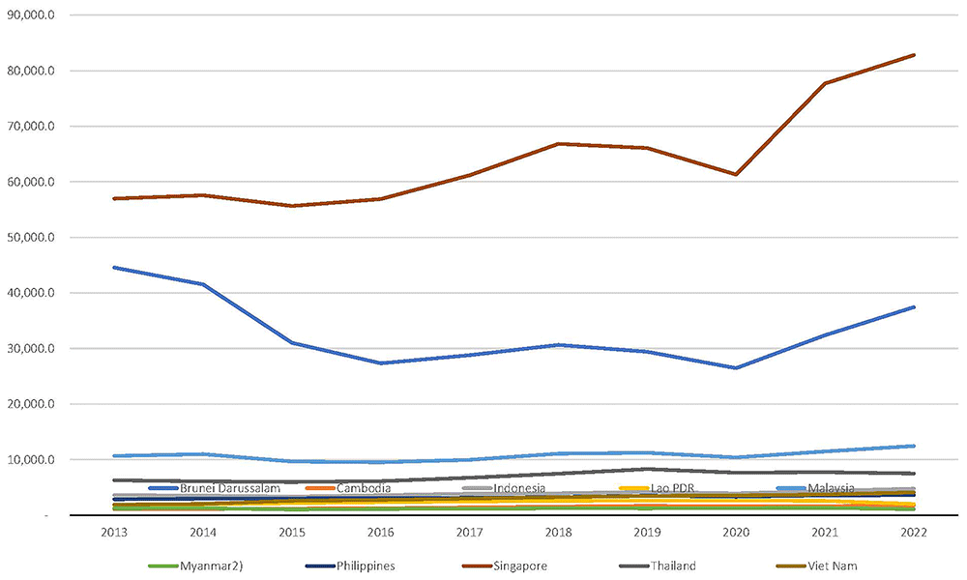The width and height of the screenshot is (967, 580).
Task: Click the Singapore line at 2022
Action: (914, 55)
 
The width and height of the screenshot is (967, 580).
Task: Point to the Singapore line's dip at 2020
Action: (736, 174)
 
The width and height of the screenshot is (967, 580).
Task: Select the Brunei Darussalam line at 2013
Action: (115, 268)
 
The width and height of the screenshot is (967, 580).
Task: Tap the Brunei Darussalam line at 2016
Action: (381, 363)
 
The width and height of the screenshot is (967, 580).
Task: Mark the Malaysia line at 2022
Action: (914, 446)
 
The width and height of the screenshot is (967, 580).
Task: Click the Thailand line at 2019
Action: (647, 469)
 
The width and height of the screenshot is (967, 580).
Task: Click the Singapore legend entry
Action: (504, 565)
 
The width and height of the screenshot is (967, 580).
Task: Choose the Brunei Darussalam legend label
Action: (230, 488)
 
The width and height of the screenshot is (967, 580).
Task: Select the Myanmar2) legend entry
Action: (195, 565)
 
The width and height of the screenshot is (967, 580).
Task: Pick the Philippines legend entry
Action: (350, 565)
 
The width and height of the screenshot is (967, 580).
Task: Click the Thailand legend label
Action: (673, 565)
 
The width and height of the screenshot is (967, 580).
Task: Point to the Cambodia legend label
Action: (364, 488)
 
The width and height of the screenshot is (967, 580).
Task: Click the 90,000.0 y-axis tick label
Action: (31, 14)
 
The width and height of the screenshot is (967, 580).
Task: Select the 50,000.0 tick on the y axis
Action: (31, 237)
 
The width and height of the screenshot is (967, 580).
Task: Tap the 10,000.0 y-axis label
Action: (31, 460)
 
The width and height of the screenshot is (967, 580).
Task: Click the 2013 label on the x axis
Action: (115, 532)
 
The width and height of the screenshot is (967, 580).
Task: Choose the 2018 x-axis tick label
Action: (559, 532)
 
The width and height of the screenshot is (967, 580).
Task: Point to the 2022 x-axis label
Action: (914, 532)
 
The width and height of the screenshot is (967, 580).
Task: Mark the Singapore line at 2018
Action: (559, 144)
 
